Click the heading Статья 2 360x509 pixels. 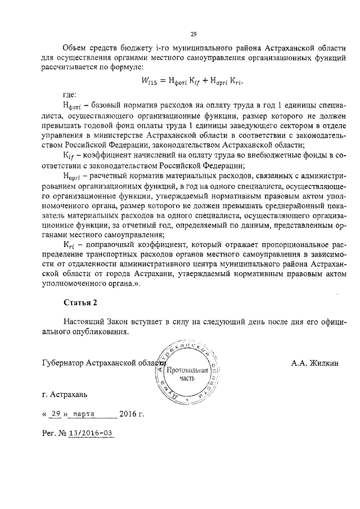click(80, 302)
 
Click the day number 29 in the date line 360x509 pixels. click(55, 416)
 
